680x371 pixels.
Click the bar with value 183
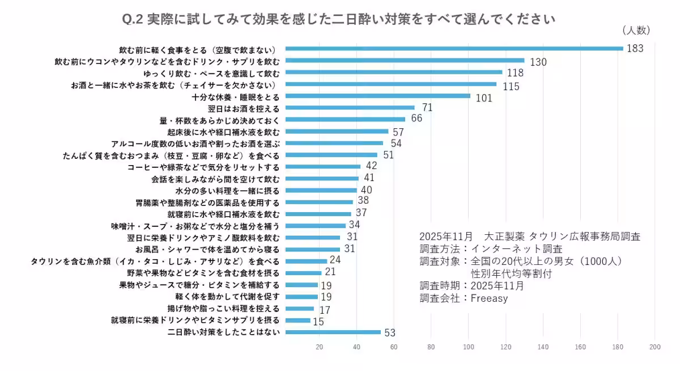[x=453, y=48]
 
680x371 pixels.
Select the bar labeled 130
[x=405, y=60]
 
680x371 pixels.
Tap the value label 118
[x=515, y=73]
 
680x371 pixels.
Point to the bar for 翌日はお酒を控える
[x=350, y=107]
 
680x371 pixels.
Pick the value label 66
[x=417, y=119]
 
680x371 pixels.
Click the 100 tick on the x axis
[x=469, y=347]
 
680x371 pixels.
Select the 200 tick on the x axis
[x=655, y=347]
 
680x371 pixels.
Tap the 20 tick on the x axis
[x=319, y=347]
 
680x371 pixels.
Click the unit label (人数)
[x=636, y=30]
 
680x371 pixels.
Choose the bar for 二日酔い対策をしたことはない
[x=333, y=332]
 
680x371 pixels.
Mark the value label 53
[x=390, y=332]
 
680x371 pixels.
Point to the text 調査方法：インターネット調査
[x=491, y=249]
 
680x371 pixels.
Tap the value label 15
[x=319, y=322]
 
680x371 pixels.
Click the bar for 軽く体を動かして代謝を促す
[x=301, y=296]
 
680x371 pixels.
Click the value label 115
[x=511, y=86]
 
